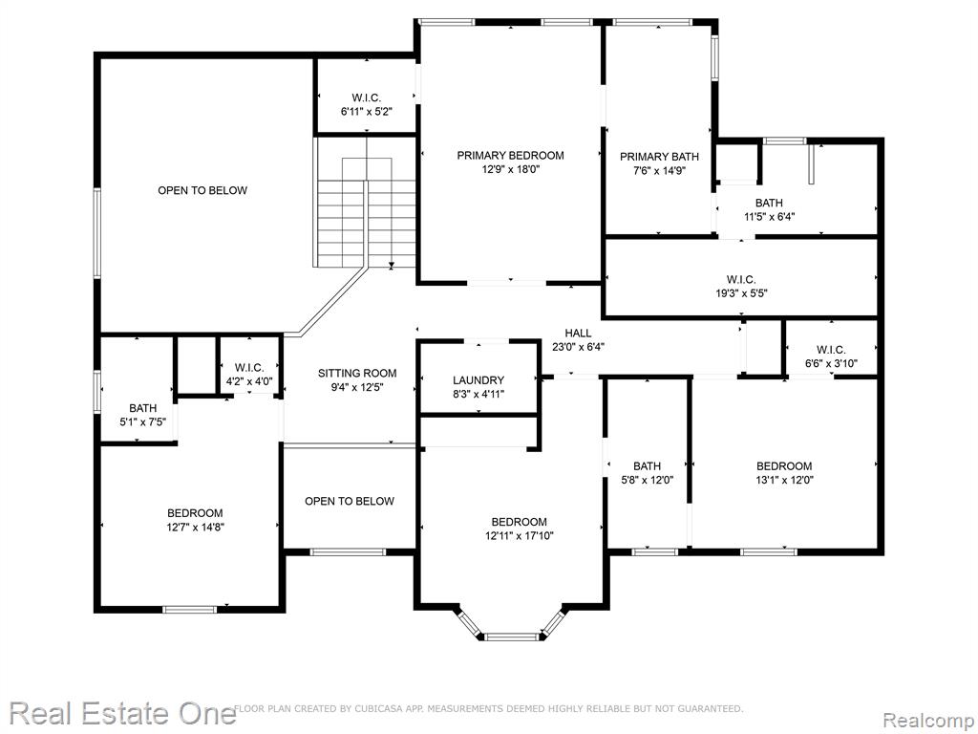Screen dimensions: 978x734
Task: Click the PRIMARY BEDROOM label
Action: (510, 156)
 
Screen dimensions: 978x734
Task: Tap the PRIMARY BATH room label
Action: (659, 157)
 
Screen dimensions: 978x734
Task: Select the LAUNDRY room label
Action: (478, 380)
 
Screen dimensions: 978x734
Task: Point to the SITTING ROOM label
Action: (357, 374)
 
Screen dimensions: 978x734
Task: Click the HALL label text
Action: (578, 334)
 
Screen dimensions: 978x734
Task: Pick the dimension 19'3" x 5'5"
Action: (741, 292)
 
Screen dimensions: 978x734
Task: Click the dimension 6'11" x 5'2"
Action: (366, 112)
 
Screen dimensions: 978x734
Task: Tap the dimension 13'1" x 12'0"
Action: (784, 480)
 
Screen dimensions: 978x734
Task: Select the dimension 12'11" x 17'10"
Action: (520, 535)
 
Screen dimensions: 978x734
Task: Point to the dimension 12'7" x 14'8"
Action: (195, 527)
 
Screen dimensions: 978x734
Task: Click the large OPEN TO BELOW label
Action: (202, 190)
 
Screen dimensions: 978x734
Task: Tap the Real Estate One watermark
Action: (122, 712)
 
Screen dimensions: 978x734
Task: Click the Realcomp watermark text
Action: (928, 721)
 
